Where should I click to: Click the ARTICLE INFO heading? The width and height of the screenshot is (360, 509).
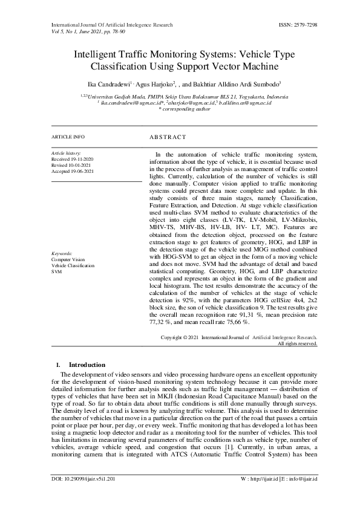pyautogui.click(x=68, y=137)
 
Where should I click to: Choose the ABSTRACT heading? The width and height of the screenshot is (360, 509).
pyautogui.click(x=168, y=137)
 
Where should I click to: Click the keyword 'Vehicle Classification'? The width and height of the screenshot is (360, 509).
pyautogui.click(x=73, y=265)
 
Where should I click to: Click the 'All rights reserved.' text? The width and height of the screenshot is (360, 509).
pyautogui.click(x=297, y=343)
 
